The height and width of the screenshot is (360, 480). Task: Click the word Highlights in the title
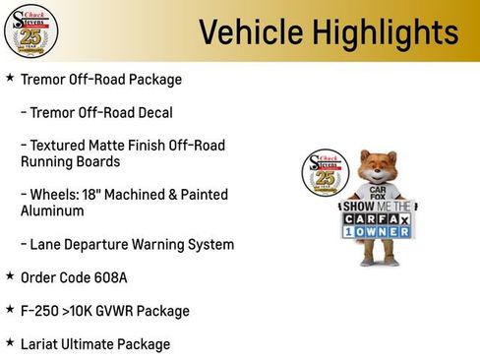[x=379, y=31]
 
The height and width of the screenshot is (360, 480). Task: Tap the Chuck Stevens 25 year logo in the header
[x=30, y=31]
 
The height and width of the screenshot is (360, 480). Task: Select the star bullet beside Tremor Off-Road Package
[x=10, y=78]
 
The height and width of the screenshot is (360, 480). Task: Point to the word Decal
[x=151, y=112]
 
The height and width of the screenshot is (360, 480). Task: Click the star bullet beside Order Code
[x=10, y=276]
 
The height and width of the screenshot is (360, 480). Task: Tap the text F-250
[x=41, y=311]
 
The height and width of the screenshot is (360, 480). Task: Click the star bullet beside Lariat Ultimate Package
[x=10, y=342]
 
